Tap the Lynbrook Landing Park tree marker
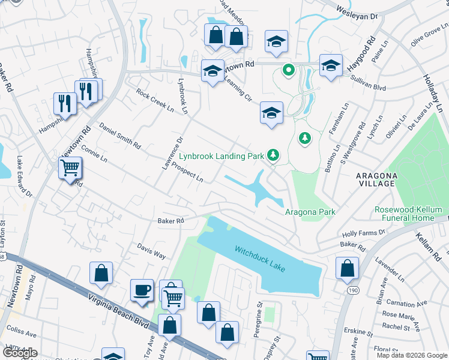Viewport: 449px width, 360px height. coord(273,155)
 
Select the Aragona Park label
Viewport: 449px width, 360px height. coord(310,212)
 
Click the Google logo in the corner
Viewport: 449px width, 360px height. coord(19,353)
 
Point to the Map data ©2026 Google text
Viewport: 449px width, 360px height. coord(411,355)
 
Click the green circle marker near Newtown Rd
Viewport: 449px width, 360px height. coord(288,70)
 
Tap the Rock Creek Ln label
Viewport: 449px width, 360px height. coord(154,101)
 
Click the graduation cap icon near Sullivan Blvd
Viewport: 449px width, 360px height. coord(331,65)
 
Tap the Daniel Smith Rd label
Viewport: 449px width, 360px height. coord(120,137)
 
